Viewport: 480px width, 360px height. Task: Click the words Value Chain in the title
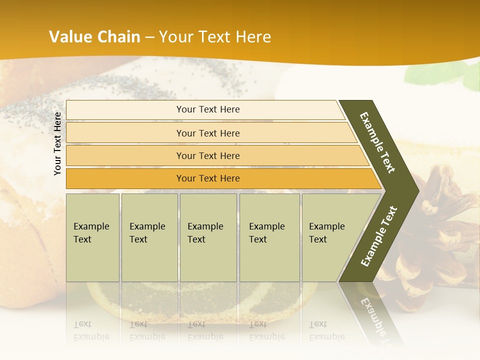point(94,37)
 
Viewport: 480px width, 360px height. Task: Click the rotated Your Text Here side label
point(58,143)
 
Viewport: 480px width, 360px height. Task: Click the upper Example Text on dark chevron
point(377,142)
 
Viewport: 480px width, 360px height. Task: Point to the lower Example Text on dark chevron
point(379,236)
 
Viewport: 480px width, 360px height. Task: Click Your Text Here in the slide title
point(215,37)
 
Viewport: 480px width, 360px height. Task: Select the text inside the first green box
point(91,232)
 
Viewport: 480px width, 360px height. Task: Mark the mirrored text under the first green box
point(91,331)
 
